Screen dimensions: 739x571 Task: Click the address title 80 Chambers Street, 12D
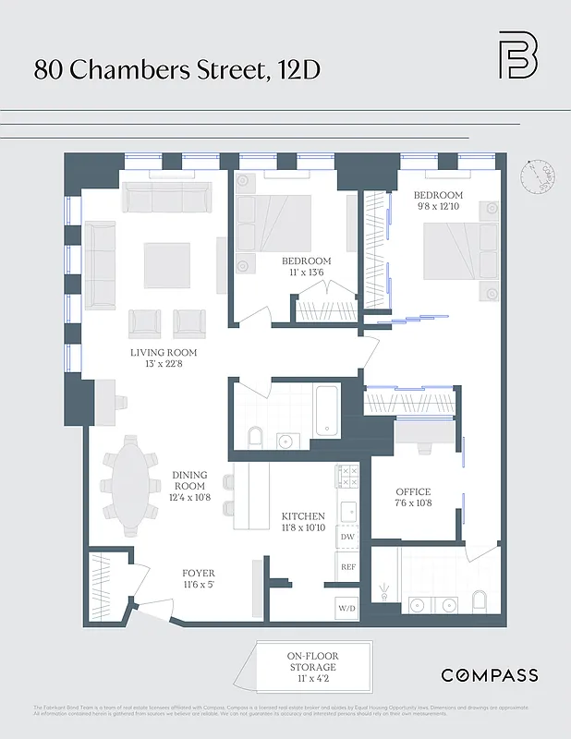(x=177, y=69)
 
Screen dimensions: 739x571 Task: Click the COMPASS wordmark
(x=489, y=675)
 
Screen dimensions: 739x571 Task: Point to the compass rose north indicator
(x=536, y=176)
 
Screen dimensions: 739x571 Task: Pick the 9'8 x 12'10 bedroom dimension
(x=438, y=208)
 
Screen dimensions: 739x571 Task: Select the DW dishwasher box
(x=347, y=537)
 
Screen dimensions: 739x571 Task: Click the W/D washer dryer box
(x=347, y=608)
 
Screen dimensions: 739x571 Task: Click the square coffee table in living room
(x=166, y=265)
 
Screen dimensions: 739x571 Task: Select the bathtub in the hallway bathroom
(x=325, y=411)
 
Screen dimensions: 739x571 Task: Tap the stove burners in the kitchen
(x=348, y=476)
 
